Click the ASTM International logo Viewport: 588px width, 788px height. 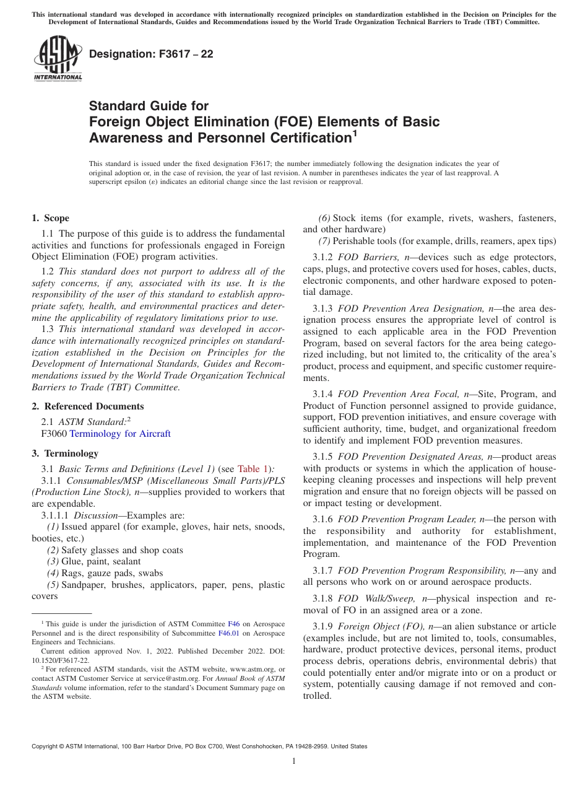click(x=57, y=58)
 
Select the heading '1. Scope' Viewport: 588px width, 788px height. click(x=50, y=218)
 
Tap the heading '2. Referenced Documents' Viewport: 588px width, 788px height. click(x=87, y=406)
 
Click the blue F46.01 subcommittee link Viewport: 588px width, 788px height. click(x=227, y=633)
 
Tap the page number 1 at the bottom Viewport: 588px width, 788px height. click(x=294, y=761)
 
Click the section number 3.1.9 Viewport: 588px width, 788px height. click(x=322, y=639)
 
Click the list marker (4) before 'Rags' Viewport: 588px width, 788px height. click(x=53, y=573)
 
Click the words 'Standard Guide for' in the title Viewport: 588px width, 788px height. click(x=149, y=106)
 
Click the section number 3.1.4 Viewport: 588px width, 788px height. click(x=322, y=394)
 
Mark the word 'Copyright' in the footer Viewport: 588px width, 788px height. click(x=45, y=746)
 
